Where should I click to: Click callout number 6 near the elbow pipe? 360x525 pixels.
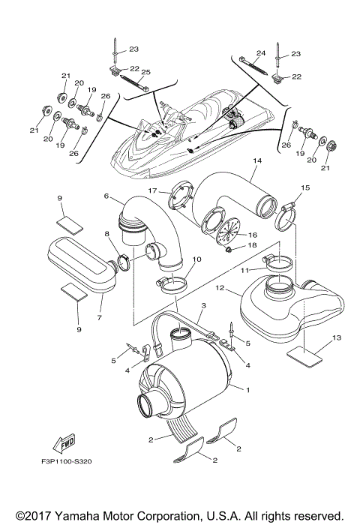click(107, 196)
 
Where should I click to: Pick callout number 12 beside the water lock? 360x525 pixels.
click(220, 288)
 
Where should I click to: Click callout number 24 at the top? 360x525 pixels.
click(262, 53)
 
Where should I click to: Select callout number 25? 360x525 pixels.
click(146, 72)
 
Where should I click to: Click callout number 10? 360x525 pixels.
click(196, 259)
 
